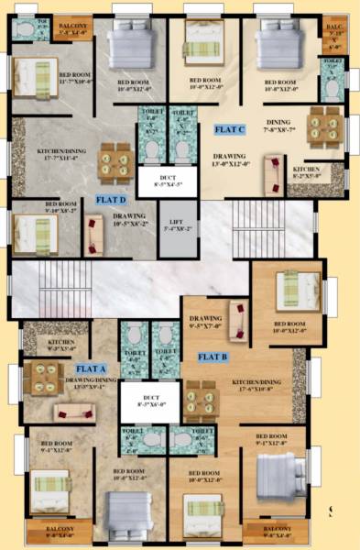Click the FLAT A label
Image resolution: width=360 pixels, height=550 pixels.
(x=93, y=368)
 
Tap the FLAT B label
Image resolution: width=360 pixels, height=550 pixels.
(x=213, y=356)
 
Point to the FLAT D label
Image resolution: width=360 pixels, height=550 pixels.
(x=112, y=198)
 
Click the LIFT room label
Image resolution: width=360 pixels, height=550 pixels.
(x=178, y=227)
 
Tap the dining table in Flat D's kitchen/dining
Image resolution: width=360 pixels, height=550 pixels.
(x=115, y=160)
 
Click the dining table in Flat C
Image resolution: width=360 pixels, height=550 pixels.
(x=324, y=125)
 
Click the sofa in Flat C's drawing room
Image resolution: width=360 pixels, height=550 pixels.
(x=272, y=171)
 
